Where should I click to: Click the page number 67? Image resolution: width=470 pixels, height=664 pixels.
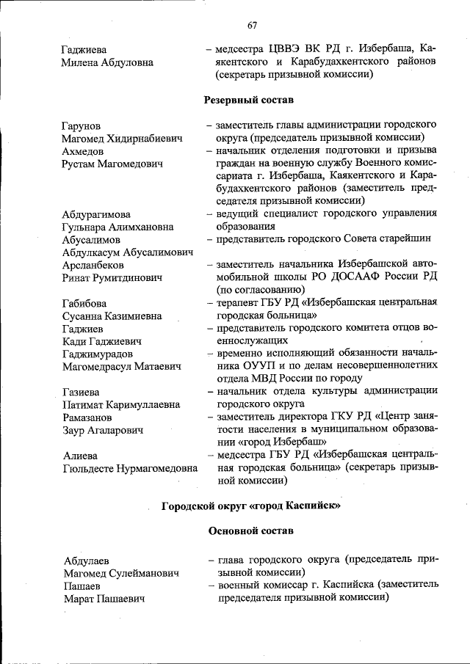[252, 25]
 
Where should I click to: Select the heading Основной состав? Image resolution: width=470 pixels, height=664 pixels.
[251, 530]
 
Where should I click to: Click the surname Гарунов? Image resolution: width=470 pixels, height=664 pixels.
[82, 125]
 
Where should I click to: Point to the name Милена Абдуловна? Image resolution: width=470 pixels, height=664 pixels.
[108, 62]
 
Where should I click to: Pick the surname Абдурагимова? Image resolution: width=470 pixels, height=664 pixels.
[97, 214]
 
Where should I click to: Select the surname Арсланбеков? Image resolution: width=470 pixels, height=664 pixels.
[93, 265]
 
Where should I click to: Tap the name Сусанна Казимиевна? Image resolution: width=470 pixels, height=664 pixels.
[112, 316]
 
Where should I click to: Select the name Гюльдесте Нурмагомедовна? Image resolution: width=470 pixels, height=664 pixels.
[130, 468]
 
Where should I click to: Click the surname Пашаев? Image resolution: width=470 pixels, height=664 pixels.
[82, 587]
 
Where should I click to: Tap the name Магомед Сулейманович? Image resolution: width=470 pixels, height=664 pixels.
[121, 574]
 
